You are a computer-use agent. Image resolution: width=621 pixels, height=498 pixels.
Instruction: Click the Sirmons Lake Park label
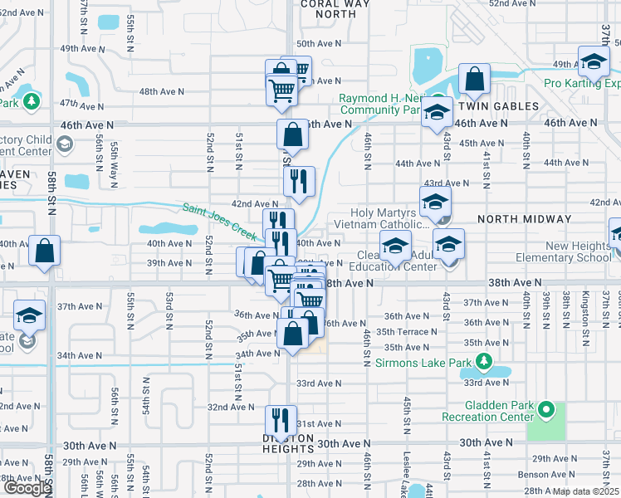421,362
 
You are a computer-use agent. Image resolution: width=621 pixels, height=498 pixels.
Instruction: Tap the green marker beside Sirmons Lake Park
482,362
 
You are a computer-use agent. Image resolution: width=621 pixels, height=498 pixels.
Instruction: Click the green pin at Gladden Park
545,409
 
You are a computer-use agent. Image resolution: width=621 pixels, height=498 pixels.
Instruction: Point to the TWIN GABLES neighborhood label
494,106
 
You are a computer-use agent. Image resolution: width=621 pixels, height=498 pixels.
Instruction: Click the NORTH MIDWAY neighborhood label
525,219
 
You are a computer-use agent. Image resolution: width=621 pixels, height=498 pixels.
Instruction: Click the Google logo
27,489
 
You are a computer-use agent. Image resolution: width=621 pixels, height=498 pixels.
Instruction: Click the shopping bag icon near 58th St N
44,250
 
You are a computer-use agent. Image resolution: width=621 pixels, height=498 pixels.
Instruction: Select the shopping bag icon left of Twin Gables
474,81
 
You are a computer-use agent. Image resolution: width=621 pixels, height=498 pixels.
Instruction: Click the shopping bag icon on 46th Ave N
293,134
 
